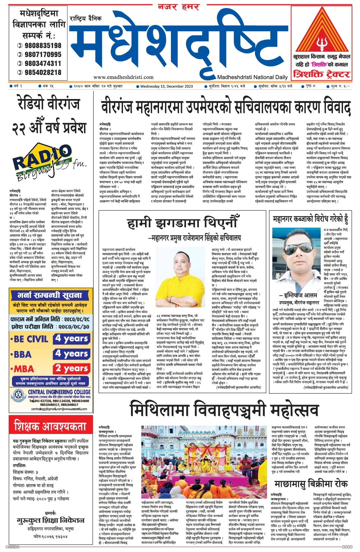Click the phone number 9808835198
43,45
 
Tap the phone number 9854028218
43,72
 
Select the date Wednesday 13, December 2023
166,86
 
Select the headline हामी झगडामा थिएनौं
183,224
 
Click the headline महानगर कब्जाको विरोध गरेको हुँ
311,219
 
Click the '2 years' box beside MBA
72,369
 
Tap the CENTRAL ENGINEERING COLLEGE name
59,392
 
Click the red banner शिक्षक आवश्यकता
50,426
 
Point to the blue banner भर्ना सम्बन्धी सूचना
50,295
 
